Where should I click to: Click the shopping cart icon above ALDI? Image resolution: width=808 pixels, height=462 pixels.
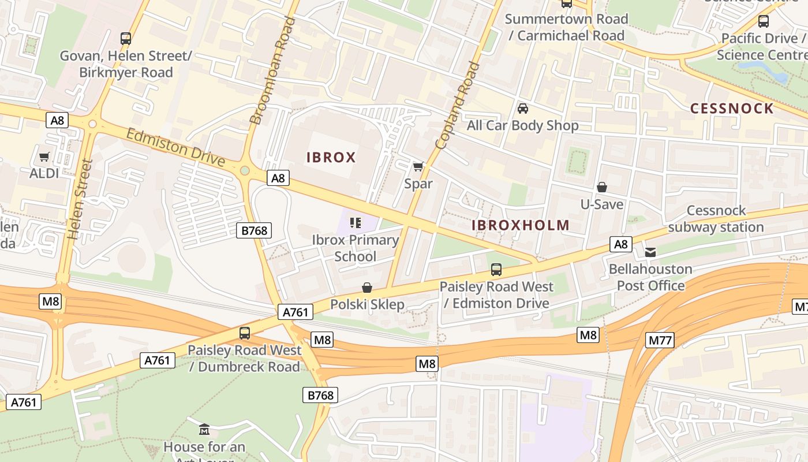(44, 157)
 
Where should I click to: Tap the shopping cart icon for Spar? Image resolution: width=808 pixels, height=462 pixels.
(418, 167)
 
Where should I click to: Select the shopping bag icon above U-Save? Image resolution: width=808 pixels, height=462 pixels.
(602, 187)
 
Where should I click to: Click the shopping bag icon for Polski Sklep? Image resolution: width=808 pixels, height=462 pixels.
(367, 288)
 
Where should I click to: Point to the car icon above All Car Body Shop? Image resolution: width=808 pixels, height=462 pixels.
(523, 109)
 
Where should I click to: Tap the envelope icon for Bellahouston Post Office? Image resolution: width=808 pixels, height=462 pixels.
(650, 252)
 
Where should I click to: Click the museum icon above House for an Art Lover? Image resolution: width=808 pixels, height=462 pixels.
(204, 430)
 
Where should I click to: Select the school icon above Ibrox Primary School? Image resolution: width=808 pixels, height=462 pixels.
(356, 222)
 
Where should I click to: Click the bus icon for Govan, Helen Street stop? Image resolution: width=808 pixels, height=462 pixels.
(126, 39)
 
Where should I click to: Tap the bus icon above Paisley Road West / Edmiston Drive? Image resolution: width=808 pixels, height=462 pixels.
(496, 269)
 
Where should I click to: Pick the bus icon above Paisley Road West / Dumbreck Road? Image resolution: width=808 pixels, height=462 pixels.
(245, 333)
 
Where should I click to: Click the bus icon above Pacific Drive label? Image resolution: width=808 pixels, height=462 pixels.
(764, 21)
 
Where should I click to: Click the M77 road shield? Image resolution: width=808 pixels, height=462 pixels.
(660, 340)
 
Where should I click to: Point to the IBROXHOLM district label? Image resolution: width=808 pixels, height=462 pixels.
(521, 226)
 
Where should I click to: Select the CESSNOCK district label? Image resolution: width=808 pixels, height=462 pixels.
(732, 109)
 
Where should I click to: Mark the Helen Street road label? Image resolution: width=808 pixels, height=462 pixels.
(80, 200)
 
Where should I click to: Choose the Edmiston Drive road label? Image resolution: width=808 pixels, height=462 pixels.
(175, 147)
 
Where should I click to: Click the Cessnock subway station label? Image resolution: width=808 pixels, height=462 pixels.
(716, 219)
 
